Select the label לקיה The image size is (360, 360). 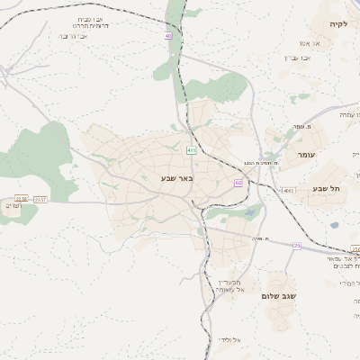click(337, 24)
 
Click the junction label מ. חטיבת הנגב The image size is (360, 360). click(261, 162)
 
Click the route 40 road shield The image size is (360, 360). click(167, 36)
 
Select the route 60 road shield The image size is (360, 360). click(238, 183)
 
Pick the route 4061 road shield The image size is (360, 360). click(288, 191)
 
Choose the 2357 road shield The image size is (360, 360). click(40, 198)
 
